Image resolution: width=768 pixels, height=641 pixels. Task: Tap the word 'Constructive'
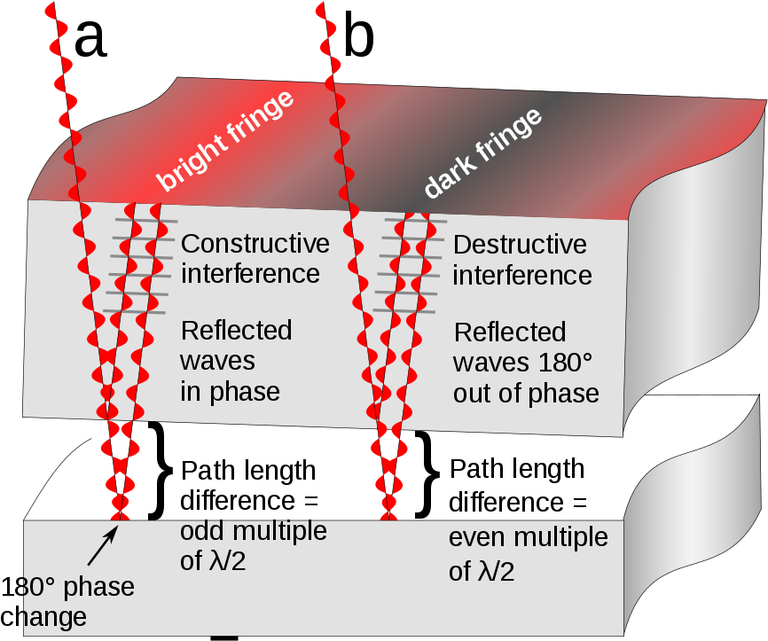pyautogui.click(x=255, y=244)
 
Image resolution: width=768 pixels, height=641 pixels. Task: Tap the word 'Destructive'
pyautogui.click(x=520, y=246)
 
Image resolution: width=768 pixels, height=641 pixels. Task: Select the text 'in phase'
pyautogui.click(x=230, y=391)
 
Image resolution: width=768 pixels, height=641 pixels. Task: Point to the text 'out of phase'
pyautogui.click(x=526, y=393)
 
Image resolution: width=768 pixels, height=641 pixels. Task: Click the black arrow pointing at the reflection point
pyautogui.click(x=102, y=546)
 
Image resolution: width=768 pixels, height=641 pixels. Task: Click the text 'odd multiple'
pyautogui.click(x=253, y=532)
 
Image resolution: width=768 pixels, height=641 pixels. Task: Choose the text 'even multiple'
pyautogui.click(x=528, y=537)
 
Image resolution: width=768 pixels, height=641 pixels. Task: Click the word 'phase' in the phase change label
pyautogui.click(x=100, y=587)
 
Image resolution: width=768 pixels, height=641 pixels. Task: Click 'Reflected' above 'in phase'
pyautogui.click(x=236, y=331)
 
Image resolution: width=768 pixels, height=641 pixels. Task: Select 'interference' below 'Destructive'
pyautogui.click(x=521, y=276)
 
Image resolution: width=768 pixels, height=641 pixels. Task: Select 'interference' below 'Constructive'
pyautogui.click(x=250, y=273)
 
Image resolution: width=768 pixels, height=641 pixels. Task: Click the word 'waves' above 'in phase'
pyautogui.click(x=217, y=361)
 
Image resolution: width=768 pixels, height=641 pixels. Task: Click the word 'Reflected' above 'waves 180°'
pyautogui.click(x=509, y=332)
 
